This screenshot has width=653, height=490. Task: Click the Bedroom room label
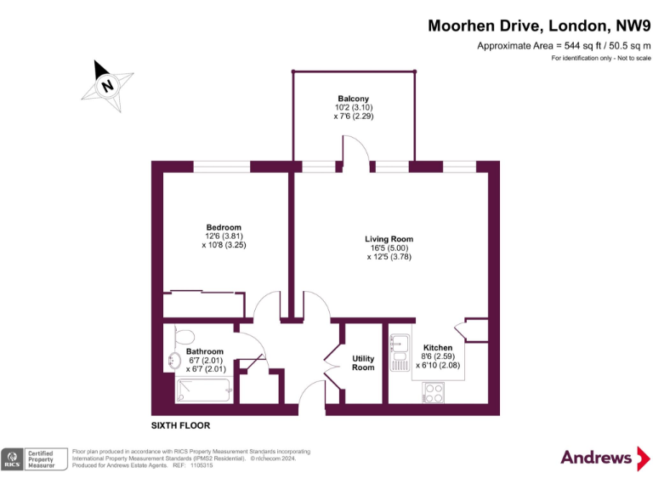[x=224, y=227]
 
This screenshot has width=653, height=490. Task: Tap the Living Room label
[x=389, y=239]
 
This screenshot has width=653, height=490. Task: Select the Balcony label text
[x=353, y=99]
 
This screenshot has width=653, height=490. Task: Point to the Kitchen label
[x=438, y=347]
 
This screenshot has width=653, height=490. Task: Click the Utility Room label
[x=363, y=363]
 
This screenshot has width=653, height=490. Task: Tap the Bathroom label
[x=204, y=351]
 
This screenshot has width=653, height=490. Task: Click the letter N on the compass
[x=107, y=86]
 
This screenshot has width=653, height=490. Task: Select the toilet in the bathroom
[x=184, y=336]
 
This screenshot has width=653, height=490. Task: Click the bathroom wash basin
[x=174, y=361]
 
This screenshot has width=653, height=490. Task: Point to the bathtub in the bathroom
[x=204, y=390]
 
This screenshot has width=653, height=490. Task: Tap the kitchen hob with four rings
[x=434, y=393]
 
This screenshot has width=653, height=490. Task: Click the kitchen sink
[x=400, y=352]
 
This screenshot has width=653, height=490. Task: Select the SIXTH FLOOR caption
[x=180, y=425]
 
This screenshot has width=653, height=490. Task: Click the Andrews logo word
[x=596, y=458]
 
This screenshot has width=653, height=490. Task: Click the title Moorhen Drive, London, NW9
[x=539, y=26]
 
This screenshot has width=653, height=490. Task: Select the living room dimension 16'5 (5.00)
[x=389, y=248]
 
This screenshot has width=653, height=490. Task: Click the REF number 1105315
[x=202, y=465]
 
